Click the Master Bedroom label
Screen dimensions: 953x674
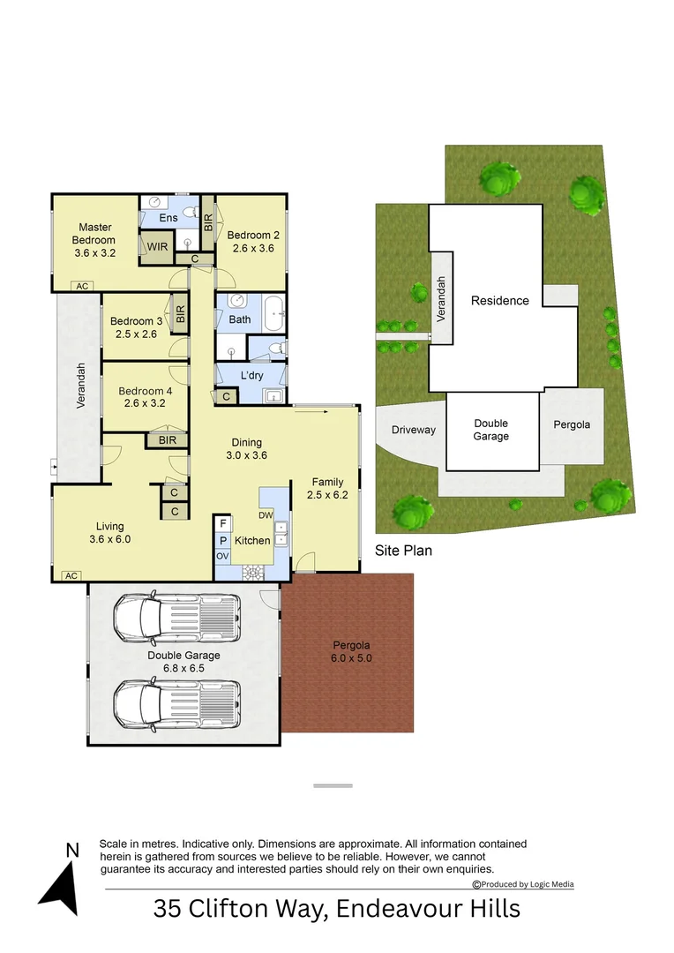click(x=95, y=234)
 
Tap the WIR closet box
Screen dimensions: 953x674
click(x=158, y=247)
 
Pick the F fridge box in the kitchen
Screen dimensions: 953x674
click(x=223, y=524)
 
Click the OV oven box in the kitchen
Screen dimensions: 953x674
click(x=223, y=556)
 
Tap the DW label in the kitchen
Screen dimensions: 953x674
click(x=266, y=515)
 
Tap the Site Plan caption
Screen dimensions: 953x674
click(x=403, y=550)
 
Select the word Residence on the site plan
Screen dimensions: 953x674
click(x=499, y=300)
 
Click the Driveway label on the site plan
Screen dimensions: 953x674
click(x=413, y=430)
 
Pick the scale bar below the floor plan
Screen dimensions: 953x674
click(x=333, y=784)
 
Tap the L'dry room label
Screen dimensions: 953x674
click(x=252, y=376)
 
